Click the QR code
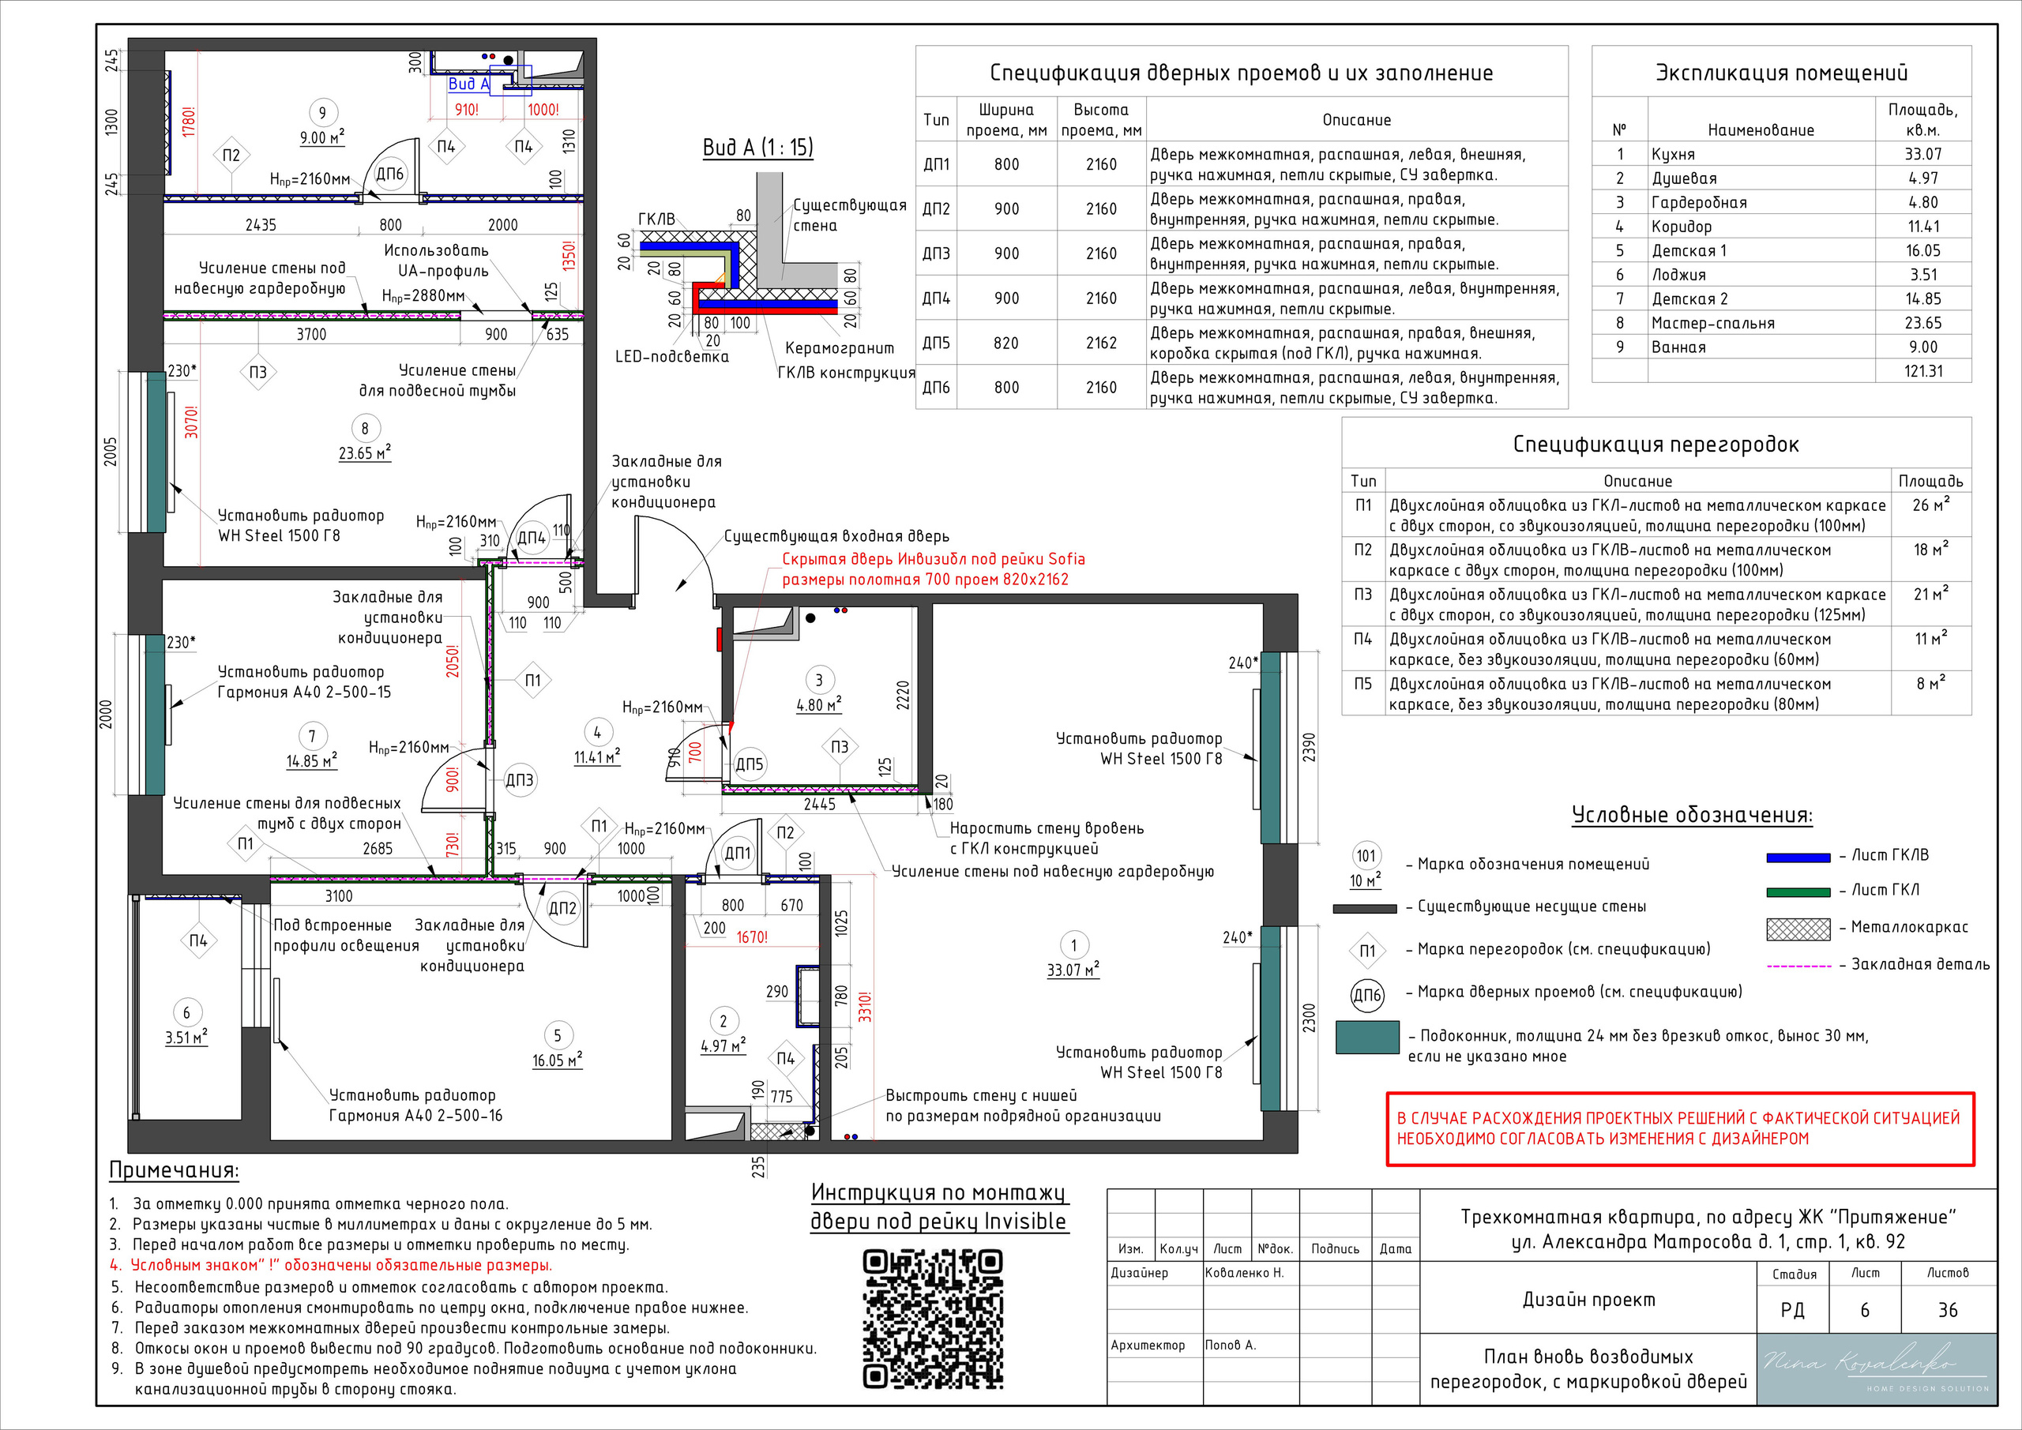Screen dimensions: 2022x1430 (x=933, y=1318)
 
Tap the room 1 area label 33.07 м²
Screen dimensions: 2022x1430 (x=1073, y=970)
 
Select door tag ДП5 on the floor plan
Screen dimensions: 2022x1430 (x=750, y=764)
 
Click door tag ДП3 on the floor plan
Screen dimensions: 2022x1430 (x=520, y=780)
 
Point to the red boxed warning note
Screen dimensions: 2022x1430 (x=1680, y=1129)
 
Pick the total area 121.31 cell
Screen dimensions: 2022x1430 (x=1923, y=370)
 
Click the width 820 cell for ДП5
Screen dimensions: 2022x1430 (x=1006, y=343)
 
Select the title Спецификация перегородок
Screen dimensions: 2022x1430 (x=1656, y=444)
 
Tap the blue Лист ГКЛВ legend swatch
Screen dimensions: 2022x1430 (x=1798, y=857)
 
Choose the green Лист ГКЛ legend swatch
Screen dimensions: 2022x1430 (x=1798, y=892)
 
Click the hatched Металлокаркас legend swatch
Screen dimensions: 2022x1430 (x=1798, y=929)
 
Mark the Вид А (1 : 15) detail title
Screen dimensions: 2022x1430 (x=757, y=147)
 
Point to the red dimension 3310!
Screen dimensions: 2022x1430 (x=865, y=1007)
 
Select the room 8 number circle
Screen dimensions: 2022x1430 (x=365, y=429)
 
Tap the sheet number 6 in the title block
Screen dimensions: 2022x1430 (x=1864, y=1310)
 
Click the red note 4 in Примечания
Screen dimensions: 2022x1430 (x=331, y=1265)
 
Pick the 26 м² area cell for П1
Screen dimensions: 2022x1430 (x=1930, y=505)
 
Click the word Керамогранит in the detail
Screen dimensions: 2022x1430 (x=840, y=347)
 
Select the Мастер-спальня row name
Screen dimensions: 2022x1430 (x=1713, y=323)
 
